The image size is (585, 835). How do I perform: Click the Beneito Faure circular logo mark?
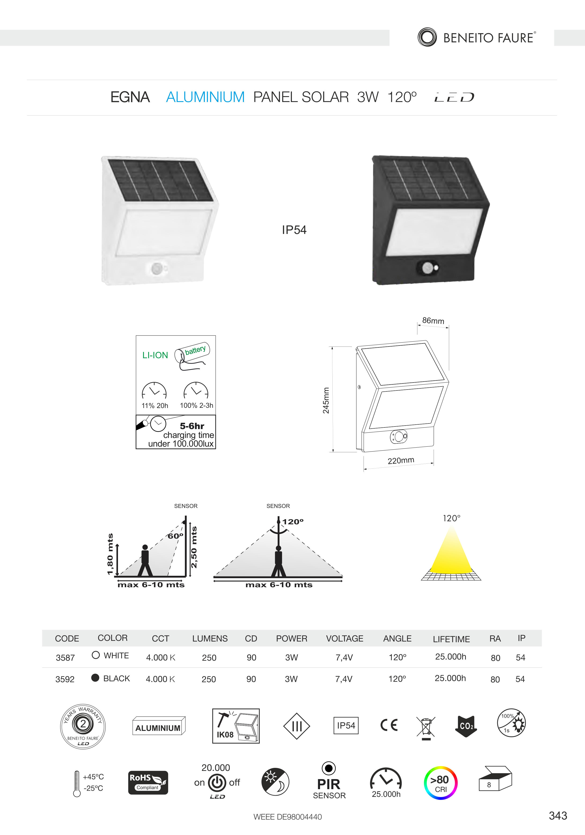(427, 37)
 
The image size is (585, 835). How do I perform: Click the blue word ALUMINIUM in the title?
(205, 97)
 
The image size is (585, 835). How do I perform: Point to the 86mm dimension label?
(433, 320)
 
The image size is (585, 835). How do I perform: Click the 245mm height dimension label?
(326, 400)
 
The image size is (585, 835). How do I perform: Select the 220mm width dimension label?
(401, 460)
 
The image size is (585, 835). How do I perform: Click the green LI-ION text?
(155, 355)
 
